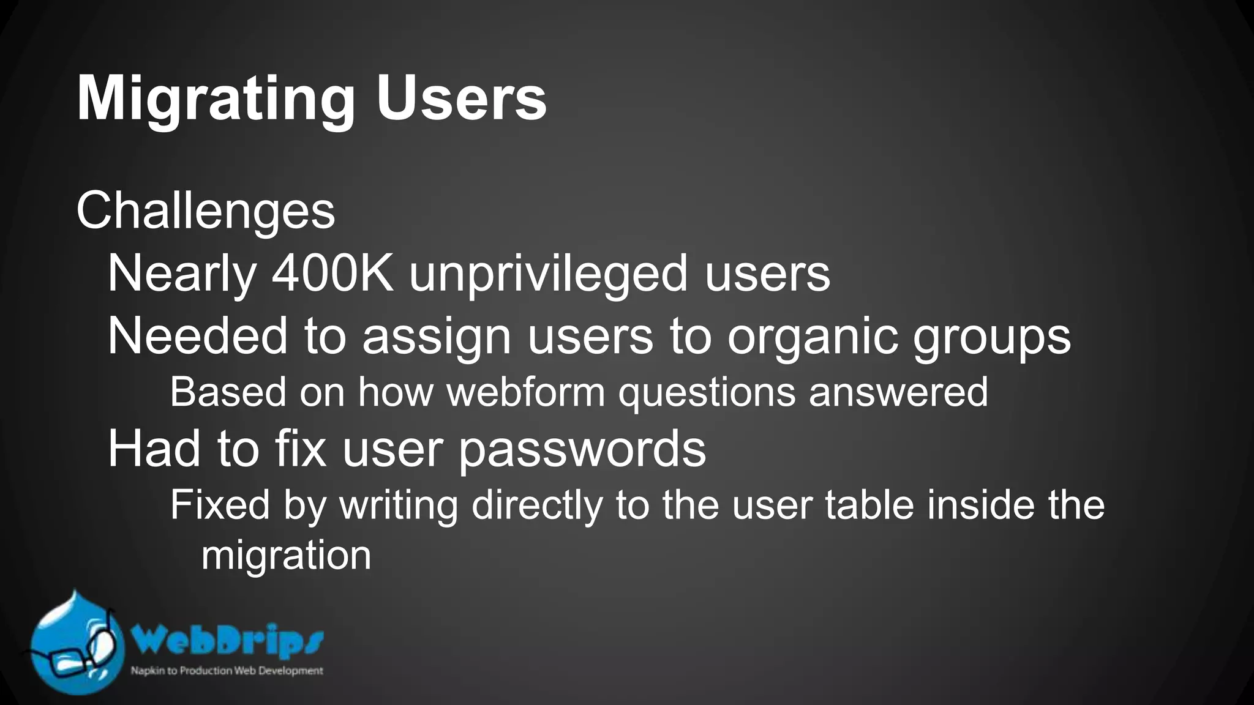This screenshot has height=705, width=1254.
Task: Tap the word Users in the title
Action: pyautogui.click(x=461, y=99)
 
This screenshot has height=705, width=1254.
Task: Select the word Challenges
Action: pyautogui.click(x=206, y=212)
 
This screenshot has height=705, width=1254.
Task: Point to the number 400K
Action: pyautogui.click(x=332, y=274)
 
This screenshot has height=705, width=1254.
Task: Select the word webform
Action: pyautogui.click(x=525, y=392)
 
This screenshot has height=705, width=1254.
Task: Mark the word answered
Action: pyautogui.click(x=898, y=392)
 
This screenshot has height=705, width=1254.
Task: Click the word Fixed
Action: pyautogui.click(x=220, y=505)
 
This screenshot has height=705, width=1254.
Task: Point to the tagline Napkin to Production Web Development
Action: pyautogui.click(x=227, y=671)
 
